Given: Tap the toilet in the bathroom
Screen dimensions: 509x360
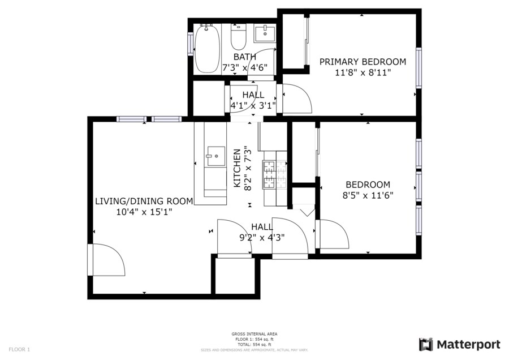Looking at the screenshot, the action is click(x=239, y=37).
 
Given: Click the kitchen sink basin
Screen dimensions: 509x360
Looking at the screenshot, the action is click(x=216, y=156).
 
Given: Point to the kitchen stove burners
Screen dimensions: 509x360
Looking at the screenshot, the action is click(x=275, y=175).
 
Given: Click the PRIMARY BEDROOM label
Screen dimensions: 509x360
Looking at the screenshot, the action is click(x=363, y=62).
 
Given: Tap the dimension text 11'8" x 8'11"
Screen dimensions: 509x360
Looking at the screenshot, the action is click(x=363, y=72).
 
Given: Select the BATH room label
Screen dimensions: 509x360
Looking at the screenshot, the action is click(x=245, y=57).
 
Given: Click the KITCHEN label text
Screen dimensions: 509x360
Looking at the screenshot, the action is click(x=238, y=168).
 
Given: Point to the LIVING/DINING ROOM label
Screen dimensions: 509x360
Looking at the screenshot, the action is click(x=144, y=202).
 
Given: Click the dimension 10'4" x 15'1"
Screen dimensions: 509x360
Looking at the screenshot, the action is click(x=144, y=212).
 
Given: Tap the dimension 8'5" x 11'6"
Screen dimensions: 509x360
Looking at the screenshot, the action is click(x=368, y=195).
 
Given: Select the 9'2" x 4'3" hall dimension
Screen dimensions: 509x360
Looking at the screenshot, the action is click(x=262, y=238).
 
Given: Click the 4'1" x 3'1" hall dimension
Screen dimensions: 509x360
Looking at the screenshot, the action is click(x=253, y=106).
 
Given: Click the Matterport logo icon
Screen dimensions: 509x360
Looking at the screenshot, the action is click(x=426, y=345).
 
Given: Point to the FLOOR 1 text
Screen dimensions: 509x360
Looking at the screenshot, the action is click(x=19, y=350).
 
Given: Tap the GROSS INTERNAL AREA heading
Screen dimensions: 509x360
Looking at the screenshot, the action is click(x=255, y=334).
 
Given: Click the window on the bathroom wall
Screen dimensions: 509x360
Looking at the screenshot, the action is click(x=191, y=44).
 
